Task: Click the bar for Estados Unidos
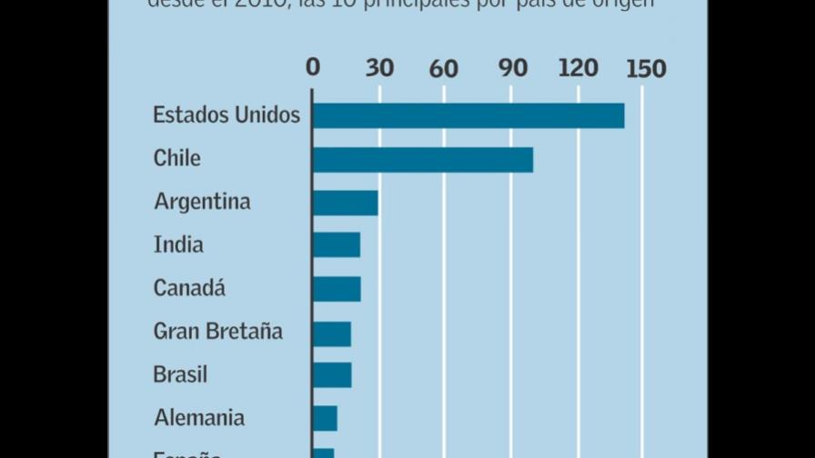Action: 468,115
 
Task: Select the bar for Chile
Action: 423,159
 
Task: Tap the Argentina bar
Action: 346,203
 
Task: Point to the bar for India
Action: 337,245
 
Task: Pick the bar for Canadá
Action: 337,289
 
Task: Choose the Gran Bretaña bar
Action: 332,333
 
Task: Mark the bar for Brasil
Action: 332,374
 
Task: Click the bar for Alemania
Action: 325,418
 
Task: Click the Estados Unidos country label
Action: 226,115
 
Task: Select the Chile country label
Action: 177,159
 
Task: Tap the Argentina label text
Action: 202,202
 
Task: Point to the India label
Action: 178,245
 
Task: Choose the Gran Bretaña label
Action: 218,332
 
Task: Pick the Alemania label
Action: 199,418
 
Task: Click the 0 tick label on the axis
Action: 313,69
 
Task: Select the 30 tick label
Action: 379,69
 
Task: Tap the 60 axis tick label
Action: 445,69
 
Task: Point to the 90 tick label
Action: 511,69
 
